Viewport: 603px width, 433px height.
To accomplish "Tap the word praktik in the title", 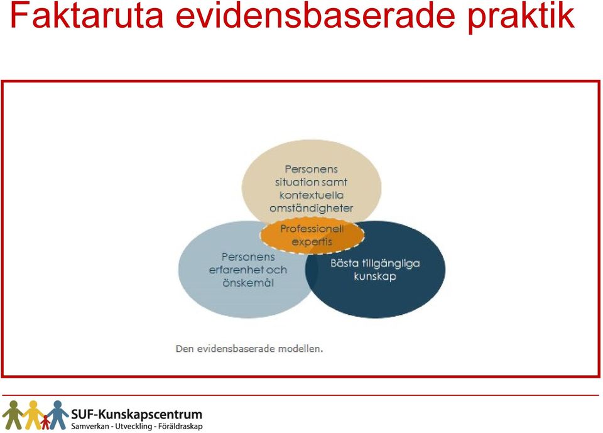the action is (521, 18).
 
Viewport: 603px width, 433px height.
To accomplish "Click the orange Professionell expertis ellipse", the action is (312, 235).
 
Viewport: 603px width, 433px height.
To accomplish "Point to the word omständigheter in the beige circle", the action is (311, 208).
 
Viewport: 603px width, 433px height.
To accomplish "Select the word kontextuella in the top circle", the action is (311, 195).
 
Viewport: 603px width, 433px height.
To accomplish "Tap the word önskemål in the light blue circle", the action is (248, 283).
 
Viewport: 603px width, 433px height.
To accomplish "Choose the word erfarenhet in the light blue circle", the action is (236, 270).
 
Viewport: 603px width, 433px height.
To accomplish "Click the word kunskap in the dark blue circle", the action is (375, 277).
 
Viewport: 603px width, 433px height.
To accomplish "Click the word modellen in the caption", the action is (300, 349).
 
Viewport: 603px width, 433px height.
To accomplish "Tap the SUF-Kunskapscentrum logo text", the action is (136, 415).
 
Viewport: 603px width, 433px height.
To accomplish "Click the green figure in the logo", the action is (13, 415).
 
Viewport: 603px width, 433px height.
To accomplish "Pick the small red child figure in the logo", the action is (45, 422).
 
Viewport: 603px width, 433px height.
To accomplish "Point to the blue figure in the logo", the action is (58, 415).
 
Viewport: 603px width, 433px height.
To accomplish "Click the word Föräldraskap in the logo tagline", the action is (180, 427).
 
